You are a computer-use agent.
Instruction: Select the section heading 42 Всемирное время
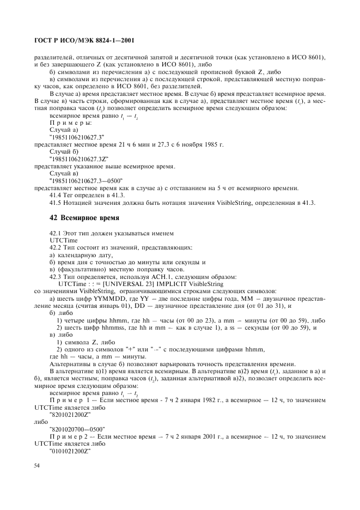tap(83, 220)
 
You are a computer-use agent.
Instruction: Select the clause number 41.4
tap(57, 195)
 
